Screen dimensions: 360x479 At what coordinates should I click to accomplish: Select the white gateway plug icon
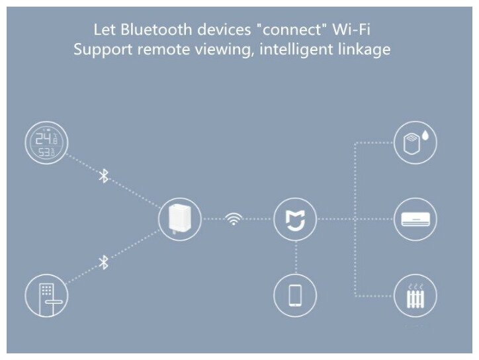[181, 219]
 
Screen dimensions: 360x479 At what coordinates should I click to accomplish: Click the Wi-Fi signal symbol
[233, 219]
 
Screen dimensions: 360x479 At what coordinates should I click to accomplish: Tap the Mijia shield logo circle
[295, 219]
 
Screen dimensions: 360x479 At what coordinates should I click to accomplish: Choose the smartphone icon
[295, 295]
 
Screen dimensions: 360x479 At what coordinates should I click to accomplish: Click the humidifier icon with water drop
[415, 143]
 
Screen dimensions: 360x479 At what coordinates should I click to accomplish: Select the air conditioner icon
[415, 219]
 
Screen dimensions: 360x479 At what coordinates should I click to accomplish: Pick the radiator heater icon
[415, 296]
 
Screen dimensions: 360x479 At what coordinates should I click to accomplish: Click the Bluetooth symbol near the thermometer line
[103, 176]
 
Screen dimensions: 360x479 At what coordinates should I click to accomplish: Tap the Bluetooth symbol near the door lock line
[103, 263]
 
